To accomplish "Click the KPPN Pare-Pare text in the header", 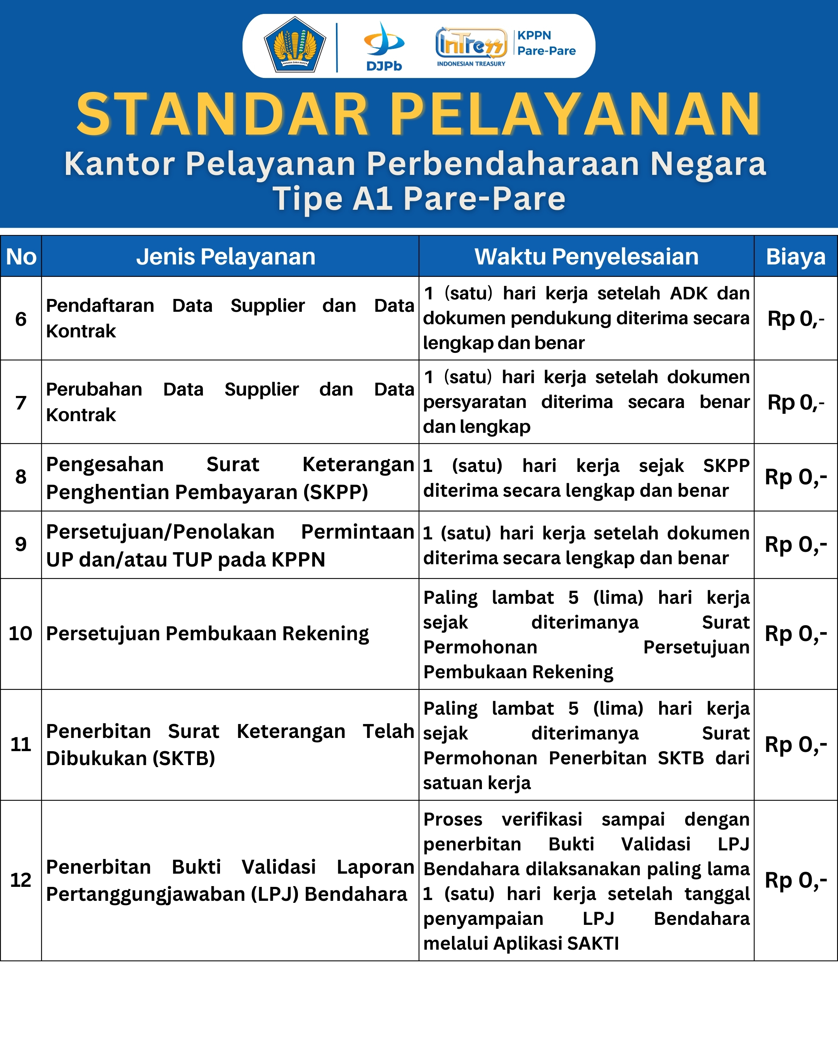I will coord(546,43).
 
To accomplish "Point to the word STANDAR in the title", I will coord(222,114).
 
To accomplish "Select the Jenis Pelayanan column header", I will coord(226,256).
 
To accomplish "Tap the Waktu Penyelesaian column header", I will coord(586,256).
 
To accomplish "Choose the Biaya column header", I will coord(796,256).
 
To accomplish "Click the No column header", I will coord(21,256).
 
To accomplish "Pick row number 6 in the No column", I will coord(21,319).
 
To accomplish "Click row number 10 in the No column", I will coord(21,633).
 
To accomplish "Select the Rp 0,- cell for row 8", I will coord(796,477).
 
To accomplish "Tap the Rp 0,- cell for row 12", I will coord(796,880).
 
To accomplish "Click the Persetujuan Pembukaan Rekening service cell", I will coord(208,634).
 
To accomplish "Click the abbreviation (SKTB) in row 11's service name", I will coord(184,758).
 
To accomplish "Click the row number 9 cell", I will coord(21,544).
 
